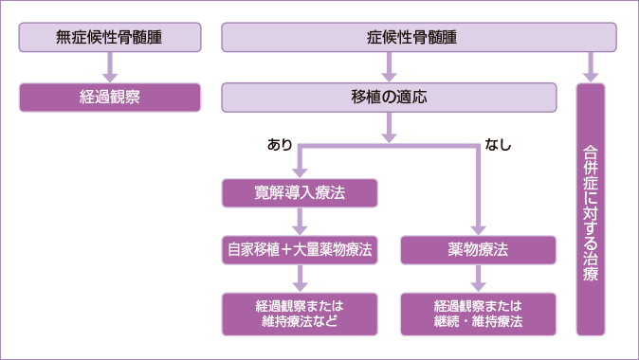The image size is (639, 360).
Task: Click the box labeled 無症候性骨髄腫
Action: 110,38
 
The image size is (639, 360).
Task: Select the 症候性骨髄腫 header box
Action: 419,38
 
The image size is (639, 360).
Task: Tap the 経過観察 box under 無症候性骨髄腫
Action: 110,97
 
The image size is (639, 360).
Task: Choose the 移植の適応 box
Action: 389,97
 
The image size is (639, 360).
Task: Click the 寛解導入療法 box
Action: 301,193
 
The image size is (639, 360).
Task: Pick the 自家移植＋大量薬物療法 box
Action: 301,250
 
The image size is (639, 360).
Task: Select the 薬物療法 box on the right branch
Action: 478,250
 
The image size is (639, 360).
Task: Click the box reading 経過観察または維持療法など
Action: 301,314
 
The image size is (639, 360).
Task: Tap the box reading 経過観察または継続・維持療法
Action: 478,314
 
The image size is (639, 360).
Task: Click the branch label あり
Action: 280,145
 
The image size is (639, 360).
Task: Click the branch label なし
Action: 499,145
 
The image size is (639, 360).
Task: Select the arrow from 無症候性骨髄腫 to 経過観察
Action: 110,67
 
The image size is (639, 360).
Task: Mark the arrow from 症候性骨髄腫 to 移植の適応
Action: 389,67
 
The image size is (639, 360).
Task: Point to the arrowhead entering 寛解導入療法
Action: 301,171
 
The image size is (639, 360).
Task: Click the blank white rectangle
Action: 112,297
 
